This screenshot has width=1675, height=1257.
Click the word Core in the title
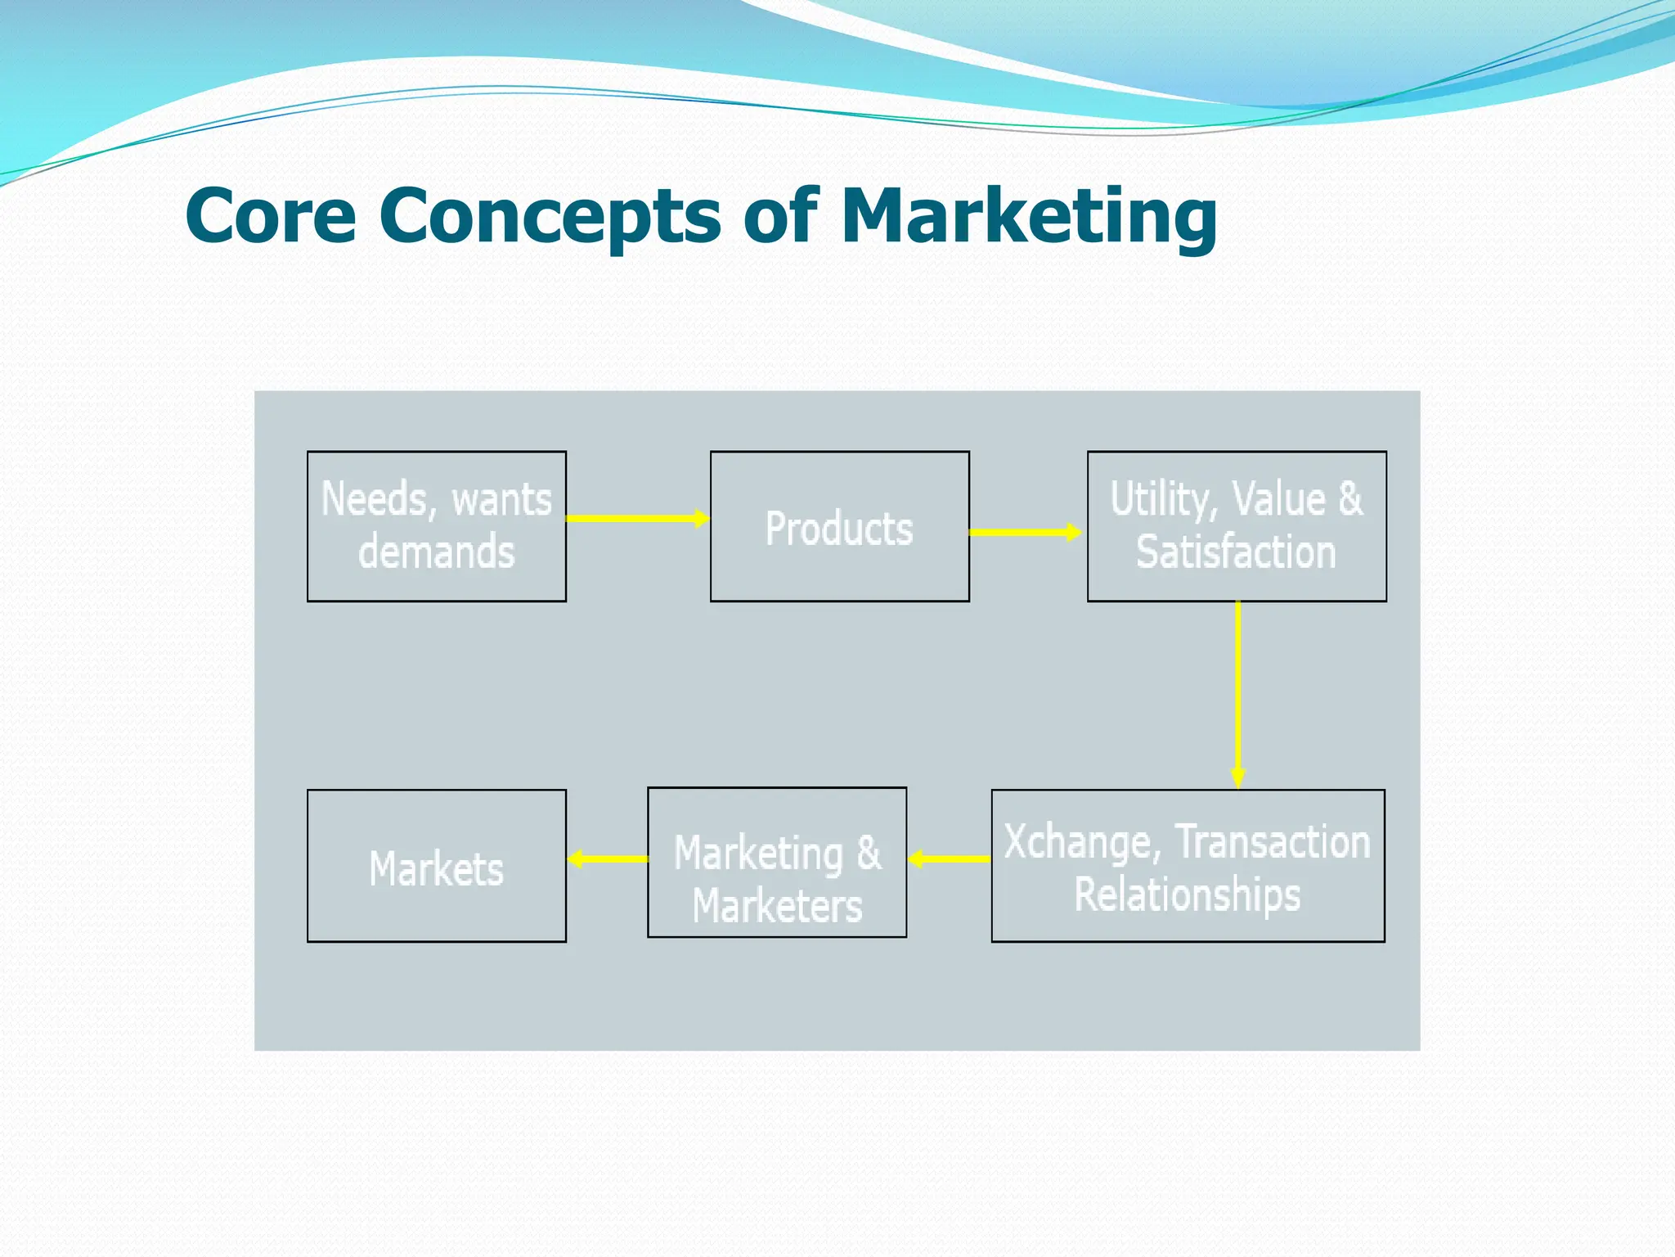click(x=271, y=216)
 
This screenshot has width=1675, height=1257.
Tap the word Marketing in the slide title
click(x=1028, y=216)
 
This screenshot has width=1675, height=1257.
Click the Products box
click(x=839, y=528)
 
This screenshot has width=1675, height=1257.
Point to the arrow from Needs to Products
click(x=637, y=518)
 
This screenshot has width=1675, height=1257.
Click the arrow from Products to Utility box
click(x=1026, y=532)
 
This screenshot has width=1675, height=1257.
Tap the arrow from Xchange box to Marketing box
click(x=949, y=858)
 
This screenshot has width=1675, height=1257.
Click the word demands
click(x=436, y=552)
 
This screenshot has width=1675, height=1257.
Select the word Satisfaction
click(x=1236, y=552)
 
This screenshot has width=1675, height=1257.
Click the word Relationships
click(x=1187, y=894)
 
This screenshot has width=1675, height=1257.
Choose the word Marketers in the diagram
click(x=777, y=907)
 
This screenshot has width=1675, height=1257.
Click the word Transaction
click(x=1273, y=842)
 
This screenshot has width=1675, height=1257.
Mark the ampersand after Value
click(x=1350, y=499)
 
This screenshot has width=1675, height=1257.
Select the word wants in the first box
click(x=502, y=499)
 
